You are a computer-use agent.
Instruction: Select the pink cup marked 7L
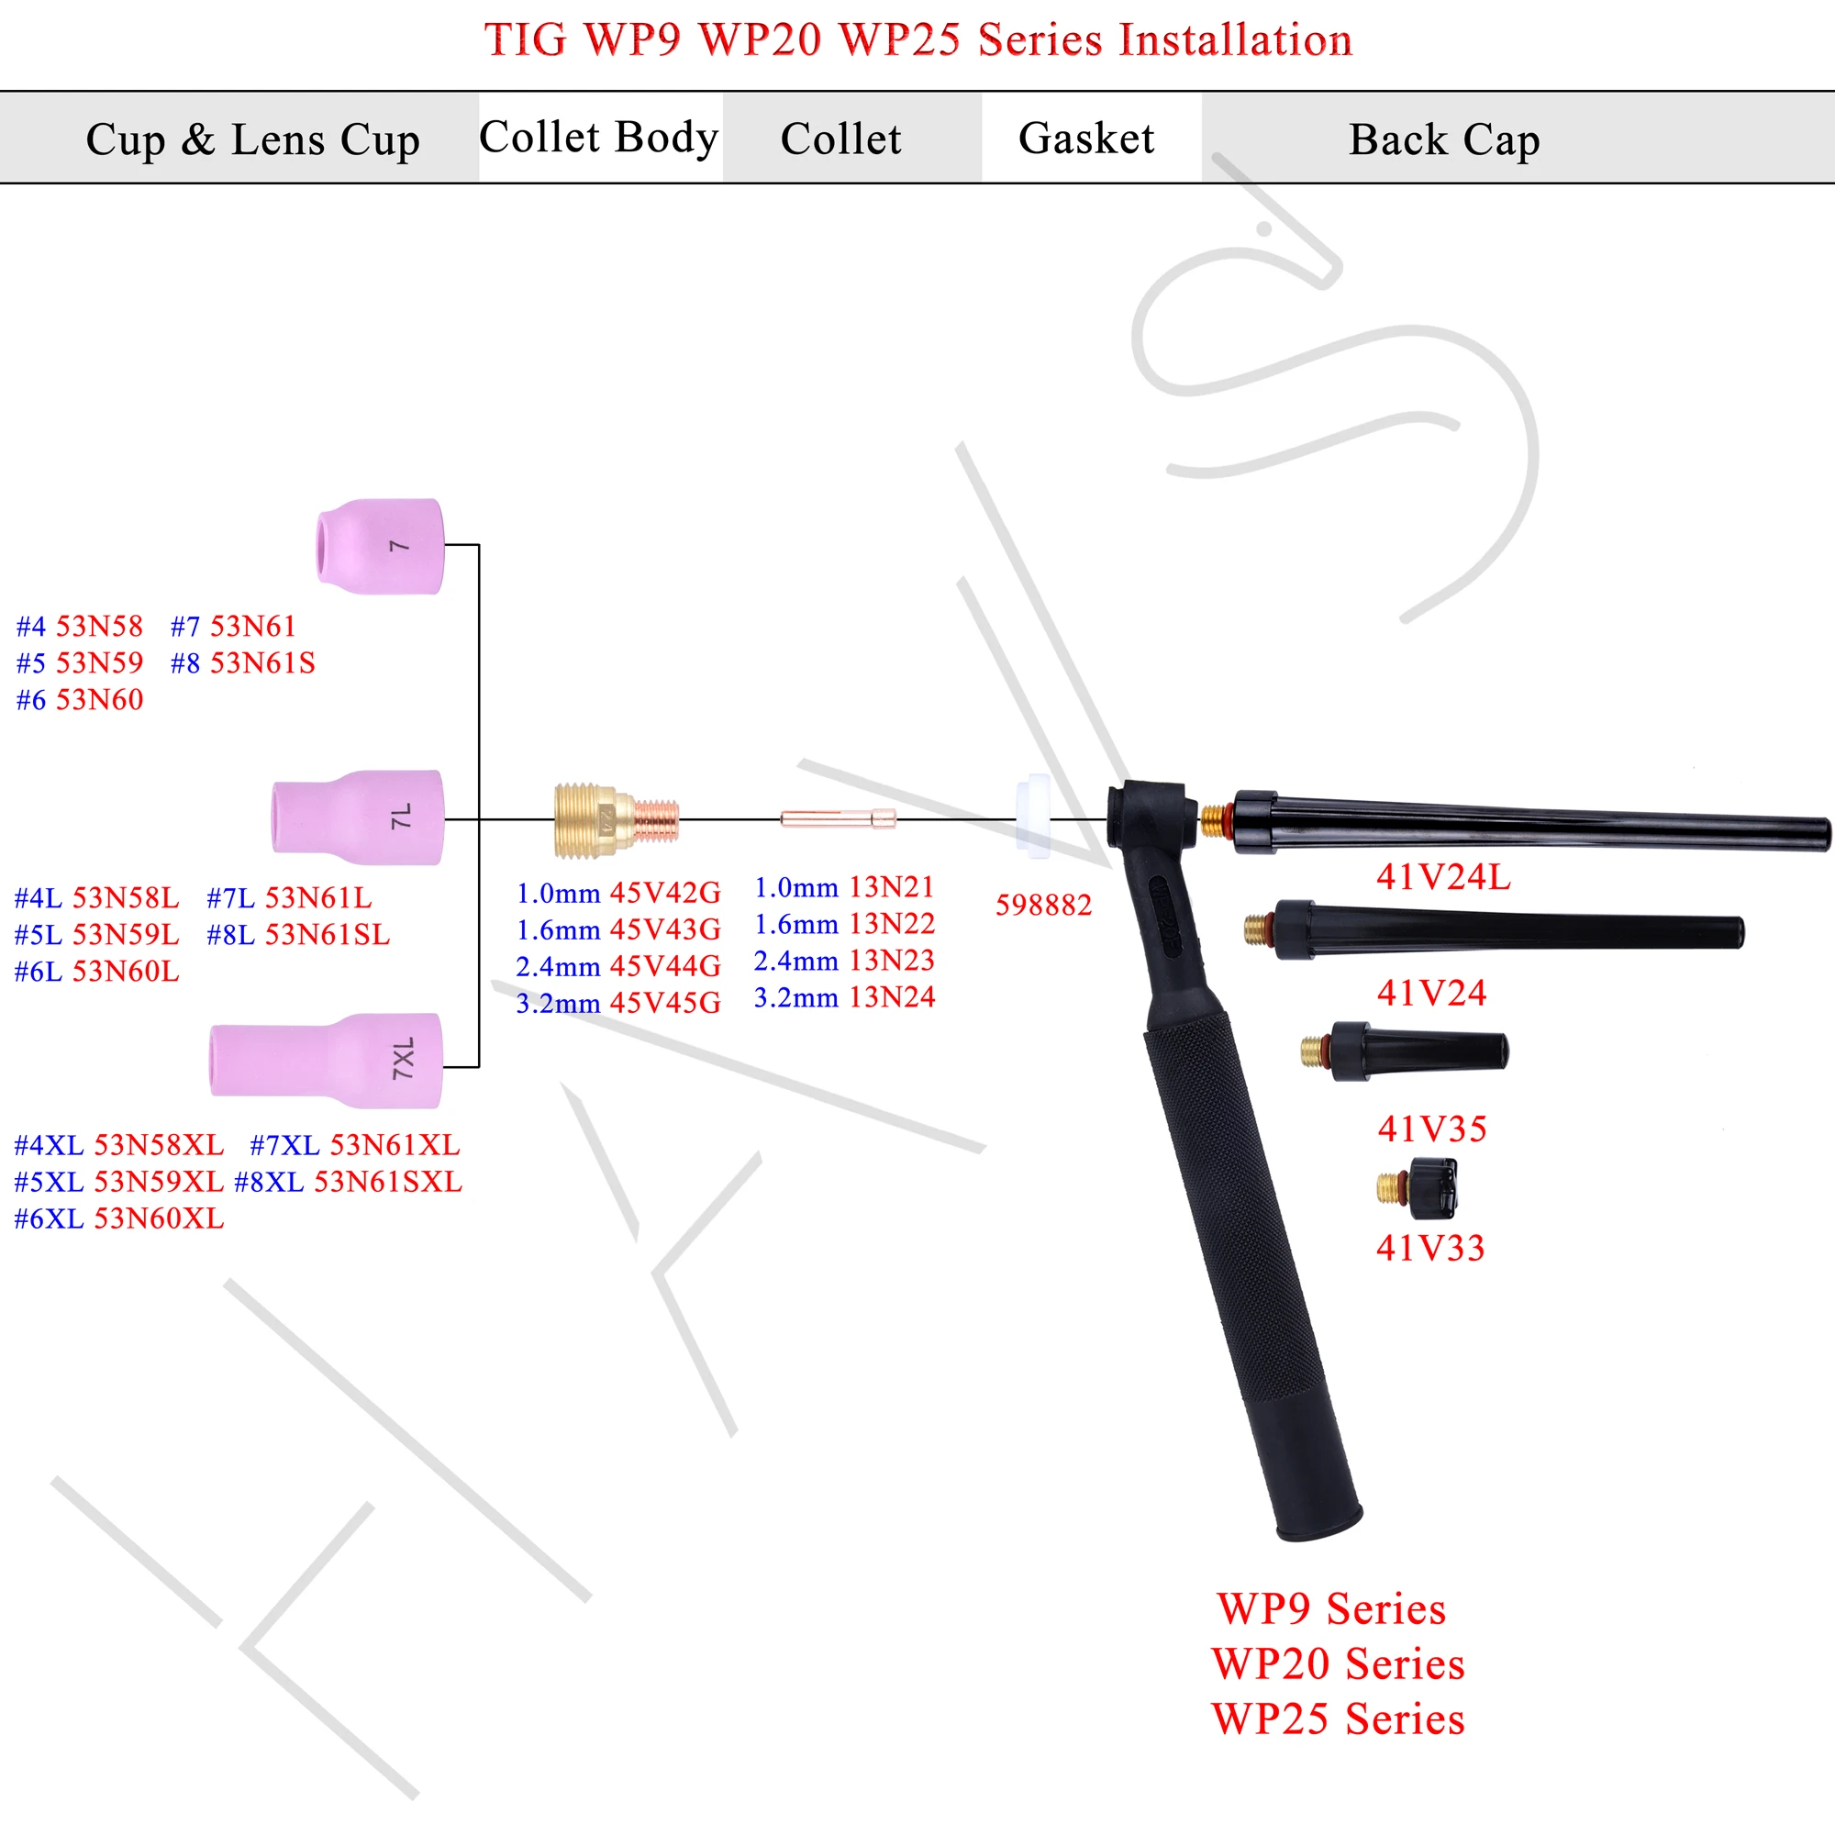coord(358,817)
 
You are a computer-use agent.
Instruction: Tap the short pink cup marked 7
coord(380,546)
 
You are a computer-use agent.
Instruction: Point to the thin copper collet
coord(837,817)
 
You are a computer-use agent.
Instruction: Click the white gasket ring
coord(1032,815)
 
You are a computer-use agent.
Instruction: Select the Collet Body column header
coord(598,138)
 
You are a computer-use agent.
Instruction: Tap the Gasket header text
coord(1085,139)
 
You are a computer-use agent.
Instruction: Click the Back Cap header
coord(1443,139)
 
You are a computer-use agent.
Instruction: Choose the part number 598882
coord(1043,906)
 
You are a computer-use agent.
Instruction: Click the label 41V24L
coord(1442,876)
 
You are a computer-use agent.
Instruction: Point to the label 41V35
coord(1431,1129)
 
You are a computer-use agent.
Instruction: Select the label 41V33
coord(1429,1247)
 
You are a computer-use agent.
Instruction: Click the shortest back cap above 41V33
coord(1419,1187)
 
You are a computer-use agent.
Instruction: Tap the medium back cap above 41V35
coord(1406,1051)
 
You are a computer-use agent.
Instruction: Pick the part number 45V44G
coord(665,966)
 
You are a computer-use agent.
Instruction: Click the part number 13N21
coord(891,887)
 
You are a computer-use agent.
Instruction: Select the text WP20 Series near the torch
coord(1338,1663)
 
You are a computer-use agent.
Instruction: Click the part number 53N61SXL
coord(387,1182)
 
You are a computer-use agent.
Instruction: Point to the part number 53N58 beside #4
coord(100,626)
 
